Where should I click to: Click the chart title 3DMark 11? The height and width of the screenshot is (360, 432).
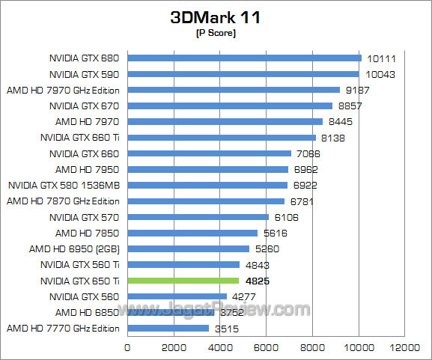point(216,17)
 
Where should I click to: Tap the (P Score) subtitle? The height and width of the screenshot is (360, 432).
point(216,34)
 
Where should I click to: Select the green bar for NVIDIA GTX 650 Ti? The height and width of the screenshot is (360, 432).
point(183,281)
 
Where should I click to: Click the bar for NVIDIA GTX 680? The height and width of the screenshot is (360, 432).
point(245,58)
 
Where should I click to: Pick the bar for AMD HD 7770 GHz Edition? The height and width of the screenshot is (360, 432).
point(168,328)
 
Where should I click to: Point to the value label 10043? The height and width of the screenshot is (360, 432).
point(381,74)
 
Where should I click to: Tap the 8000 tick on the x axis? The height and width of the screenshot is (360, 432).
point(313,348)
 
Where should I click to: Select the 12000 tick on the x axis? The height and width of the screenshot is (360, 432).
point(405,348)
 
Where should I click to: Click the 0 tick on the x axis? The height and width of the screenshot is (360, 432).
point(128,348)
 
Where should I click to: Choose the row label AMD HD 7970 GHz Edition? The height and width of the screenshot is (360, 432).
point(64,90)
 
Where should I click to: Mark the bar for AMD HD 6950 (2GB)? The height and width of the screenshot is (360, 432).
point(189,248)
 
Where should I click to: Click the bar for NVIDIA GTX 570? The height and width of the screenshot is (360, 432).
point(198,217)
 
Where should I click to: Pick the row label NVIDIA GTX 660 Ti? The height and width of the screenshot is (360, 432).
point(80,137)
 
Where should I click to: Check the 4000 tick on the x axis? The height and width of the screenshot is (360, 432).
point(221,348)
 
